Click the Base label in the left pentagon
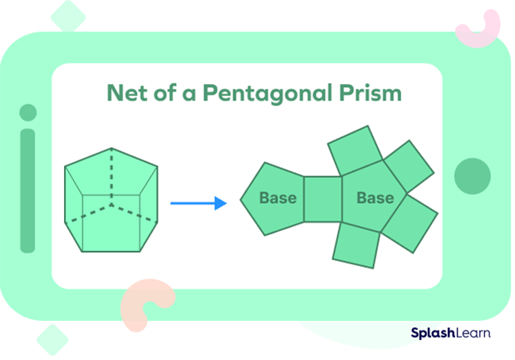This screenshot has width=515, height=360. click(277, 199)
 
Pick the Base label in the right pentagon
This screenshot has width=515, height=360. click(375, 199)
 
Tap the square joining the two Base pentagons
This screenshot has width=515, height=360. click(322, 200)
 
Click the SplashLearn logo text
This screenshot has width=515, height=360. click(450, 333)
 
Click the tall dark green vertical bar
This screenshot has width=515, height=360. click(28, 190)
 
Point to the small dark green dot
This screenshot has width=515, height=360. click(28, 112)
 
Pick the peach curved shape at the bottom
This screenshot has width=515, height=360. click(145, 303)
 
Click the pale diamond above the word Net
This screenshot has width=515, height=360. click(69, 15)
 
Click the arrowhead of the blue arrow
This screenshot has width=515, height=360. click(221, 202)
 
